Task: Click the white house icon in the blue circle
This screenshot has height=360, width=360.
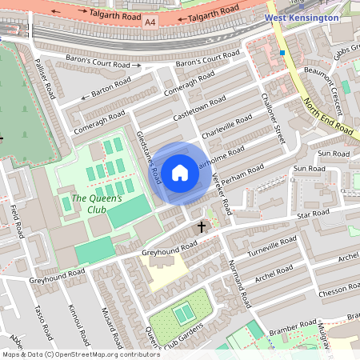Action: click(180, 172)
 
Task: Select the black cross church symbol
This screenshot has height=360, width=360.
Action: click(201, 227)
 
